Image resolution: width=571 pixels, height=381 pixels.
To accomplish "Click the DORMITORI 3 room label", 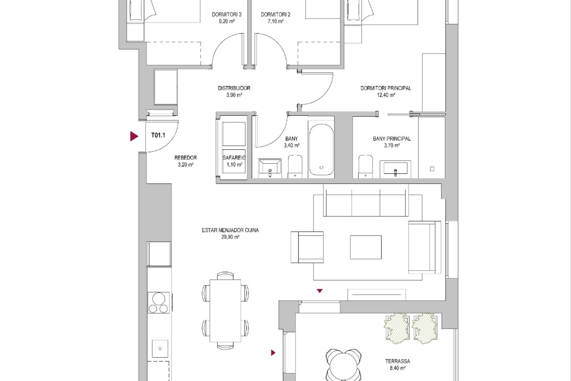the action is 226,14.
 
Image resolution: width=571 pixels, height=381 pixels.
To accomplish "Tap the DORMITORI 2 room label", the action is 275,14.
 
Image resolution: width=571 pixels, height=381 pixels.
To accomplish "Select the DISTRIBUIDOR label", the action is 234,88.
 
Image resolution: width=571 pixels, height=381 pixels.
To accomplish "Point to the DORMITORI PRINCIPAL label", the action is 386,88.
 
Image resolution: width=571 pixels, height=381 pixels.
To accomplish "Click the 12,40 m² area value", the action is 386,95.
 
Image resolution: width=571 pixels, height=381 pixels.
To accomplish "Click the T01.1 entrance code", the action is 158,135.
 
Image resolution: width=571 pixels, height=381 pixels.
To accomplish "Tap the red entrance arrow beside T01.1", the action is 134,136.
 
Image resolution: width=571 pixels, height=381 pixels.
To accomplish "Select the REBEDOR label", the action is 186,158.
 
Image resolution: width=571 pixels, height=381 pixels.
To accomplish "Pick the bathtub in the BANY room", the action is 321,148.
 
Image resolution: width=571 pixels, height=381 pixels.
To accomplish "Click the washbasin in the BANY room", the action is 270,168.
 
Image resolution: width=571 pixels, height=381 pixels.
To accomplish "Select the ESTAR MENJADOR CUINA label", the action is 230,230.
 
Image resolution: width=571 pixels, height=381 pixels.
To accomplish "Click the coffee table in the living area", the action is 366,247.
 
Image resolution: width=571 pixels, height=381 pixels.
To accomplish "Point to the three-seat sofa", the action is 366,200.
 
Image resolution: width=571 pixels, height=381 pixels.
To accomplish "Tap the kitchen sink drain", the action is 160,349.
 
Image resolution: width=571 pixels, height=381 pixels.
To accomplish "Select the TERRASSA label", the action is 398,361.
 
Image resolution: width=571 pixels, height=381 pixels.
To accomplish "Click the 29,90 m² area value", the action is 230,237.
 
